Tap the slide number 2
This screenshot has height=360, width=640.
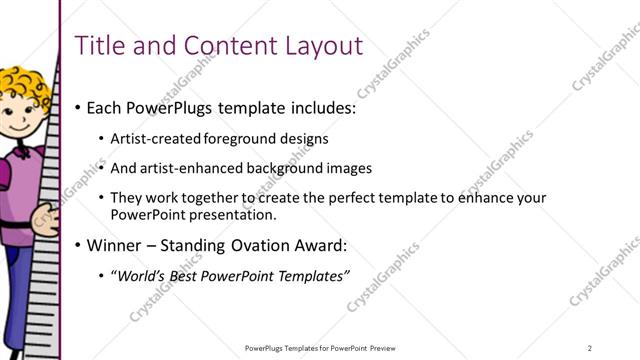pos(590,347)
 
